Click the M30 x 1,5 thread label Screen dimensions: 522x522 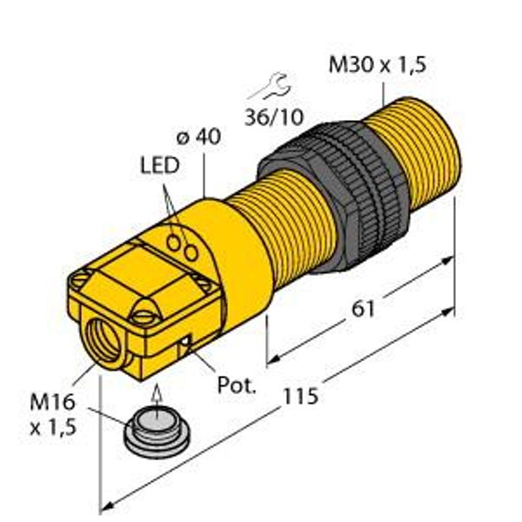pyautogui.click(x=378, y=64)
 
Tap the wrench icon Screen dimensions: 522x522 pyautogui.click(x=271, y=87)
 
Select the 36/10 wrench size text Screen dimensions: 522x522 pyautogui.click(x=274, y=117)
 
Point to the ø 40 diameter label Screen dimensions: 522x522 pyautogui.click(x=198, y=137)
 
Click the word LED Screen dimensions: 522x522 pyautogui.click(x=160, y=165)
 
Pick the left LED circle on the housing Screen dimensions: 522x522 pyautogui.click(x=173, y=243)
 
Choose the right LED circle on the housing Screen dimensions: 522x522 pyautogui.click(x=191, y=252)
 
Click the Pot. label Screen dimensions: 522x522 pyautogui.click(x=237, y=385)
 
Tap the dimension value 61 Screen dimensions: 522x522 pyautogui.click(x=363, y=309)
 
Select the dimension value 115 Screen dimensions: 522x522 pyautogui.click(x=301, y=396)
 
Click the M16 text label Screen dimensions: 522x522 pyautogui.click(x=52, y=402)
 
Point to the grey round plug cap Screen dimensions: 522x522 pyautogui.click(x=157, y=435)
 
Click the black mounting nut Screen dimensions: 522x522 pyautogui.click(x=334, y=197)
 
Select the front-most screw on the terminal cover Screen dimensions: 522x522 pyautogui.click(x=144, y=316)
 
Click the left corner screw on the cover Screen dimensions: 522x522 pyautogui.click(x=82, y=276)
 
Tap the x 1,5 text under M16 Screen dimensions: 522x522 pyautogui.click(x=53, y=427)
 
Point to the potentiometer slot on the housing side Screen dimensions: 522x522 pyautogui.click(x=186, y=345)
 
